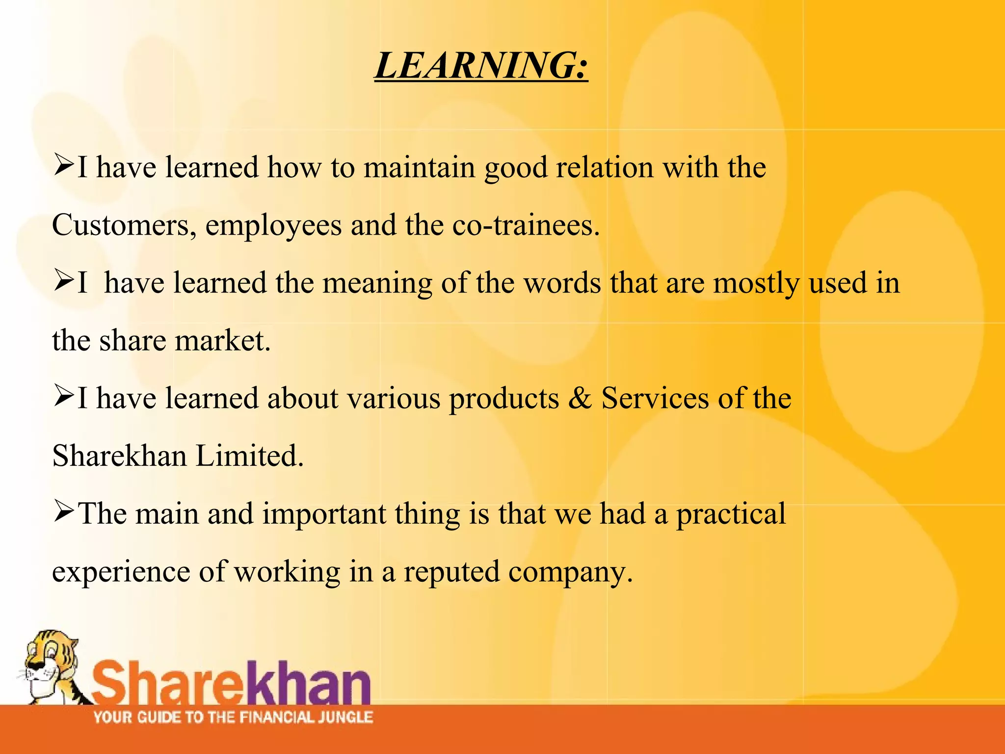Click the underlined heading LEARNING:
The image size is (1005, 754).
(481, 65)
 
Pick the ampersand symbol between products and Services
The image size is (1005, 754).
(580, 398)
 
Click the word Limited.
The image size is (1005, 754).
(250, 456)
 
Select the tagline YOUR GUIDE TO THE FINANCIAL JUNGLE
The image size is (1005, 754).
(233, 717)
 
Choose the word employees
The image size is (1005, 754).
(273, 226)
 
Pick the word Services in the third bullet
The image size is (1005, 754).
(655, 398)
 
